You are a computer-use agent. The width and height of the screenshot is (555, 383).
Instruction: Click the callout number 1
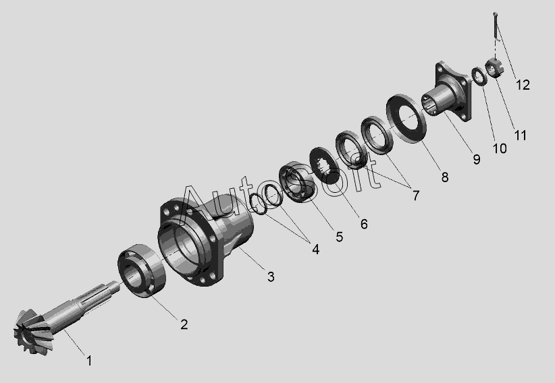(x=89, y=361)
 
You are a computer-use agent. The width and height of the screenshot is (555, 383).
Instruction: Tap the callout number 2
(x=184, y=324)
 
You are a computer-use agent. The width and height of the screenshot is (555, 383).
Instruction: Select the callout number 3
(x=271, y=277)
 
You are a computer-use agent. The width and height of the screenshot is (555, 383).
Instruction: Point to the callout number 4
(x=315, y=249)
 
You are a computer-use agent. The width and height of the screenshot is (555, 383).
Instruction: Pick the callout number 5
(x=340, y=237)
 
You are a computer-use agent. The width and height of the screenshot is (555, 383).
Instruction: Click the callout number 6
(x=364, y=224)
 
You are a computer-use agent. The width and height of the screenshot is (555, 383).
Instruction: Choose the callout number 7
(x=415, y=196)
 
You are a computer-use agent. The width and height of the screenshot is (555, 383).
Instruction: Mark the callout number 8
(x=445, y=177)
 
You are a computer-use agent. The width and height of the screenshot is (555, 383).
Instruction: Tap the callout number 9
(x=477, y=159)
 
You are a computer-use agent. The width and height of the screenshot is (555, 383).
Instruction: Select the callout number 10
(x=500, y=148)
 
